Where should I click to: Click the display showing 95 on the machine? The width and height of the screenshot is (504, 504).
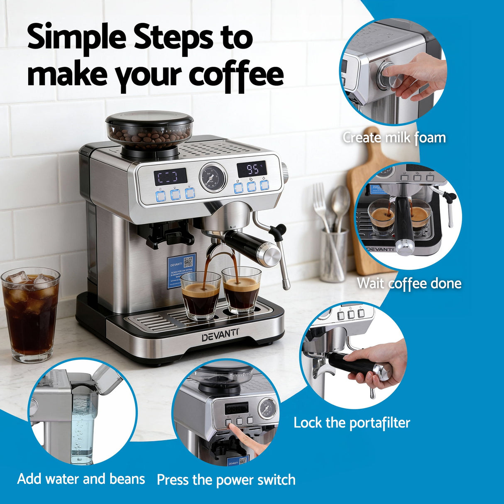[x=252, y=169]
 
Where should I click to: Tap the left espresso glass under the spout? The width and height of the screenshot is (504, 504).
[x=201, y=295]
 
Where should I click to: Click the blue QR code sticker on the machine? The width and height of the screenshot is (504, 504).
[x=181, y=272]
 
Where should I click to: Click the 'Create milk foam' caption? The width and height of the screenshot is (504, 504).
[x=394, y=138]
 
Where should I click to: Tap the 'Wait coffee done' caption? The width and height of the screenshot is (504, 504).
[x=409, y=284]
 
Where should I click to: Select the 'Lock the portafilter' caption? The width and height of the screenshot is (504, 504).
[x=352, y=423]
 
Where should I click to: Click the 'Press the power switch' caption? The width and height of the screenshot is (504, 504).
[x=226, y=480]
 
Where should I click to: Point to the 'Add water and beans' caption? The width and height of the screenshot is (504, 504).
[x=81, y=479]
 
